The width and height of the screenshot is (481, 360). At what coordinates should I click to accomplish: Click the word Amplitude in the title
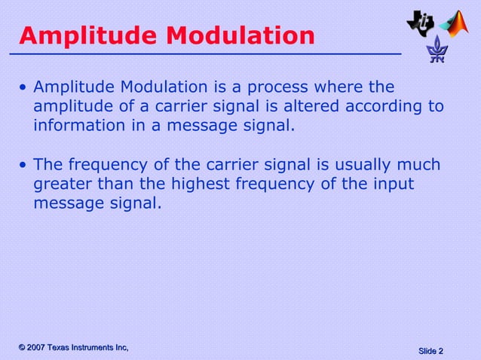[x=80, y=35]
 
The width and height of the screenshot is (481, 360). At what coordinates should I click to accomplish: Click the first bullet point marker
[x=23, y=89]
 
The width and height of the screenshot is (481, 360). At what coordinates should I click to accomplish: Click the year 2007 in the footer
[x=40, y=346]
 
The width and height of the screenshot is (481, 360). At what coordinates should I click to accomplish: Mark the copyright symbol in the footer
[x=23, y=346]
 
